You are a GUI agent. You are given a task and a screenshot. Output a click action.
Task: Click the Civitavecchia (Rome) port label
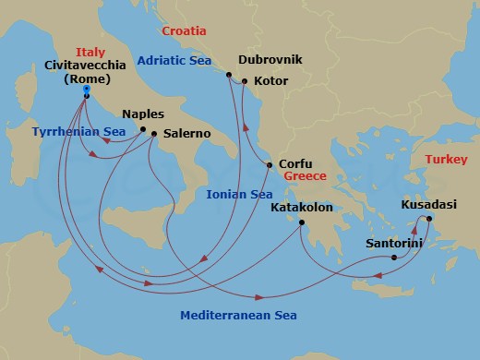86,72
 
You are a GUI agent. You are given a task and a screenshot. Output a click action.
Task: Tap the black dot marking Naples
142,130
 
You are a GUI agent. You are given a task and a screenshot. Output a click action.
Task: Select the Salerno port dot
153,134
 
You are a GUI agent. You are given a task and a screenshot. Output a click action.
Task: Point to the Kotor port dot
245,81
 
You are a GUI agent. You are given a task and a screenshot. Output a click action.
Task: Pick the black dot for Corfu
269,165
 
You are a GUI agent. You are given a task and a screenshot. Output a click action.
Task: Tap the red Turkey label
444,161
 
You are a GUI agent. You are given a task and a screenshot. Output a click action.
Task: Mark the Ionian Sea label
238,194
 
